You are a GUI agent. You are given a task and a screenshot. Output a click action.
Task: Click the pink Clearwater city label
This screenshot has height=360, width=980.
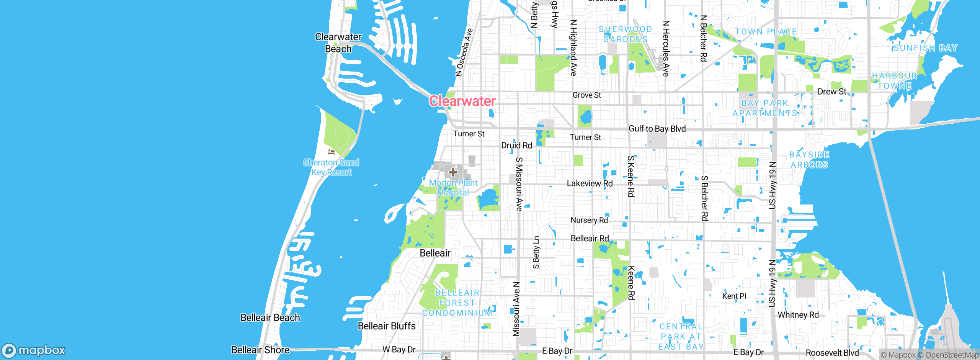click(462, 101)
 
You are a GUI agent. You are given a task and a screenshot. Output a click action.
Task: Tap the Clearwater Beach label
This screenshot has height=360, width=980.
click(338, 43)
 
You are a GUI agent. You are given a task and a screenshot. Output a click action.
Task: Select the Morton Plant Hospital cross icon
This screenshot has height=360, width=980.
click(453, 172)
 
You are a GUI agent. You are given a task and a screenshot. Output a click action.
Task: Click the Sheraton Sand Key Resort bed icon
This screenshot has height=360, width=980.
click(331, 152)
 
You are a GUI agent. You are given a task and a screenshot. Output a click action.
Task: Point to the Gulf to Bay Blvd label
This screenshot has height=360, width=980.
click(657, 129)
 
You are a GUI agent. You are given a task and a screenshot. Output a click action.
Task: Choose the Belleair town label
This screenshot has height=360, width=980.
click(435, 253)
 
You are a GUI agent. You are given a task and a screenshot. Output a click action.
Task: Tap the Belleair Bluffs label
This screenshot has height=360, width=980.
click(387, 326)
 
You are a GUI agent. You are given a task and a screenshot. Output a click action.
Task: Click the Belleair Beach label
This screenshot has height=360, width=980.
click(270, 318)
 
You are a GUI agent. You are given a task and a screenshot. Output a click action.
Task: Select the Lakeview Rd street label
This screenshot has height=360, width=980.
click(590, 183)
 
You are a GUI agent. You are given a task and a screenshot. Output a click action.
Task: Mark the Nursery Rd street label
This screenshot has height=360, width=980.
click(589, 220)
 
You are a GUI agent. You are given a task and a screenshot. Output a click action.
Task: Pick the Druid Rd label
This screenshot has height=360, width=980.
click(516, 146)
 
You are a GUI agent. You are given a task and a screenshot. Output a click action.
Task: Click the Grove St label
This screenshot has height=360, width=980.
click(586, 95)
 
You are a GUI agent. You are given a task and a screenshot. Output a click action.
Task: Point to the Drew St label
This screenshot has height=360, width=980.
click(831, 92)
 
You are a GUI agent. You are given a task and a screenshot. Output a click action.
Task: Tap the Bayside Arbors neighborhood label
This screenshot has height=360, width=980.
click(809, 160)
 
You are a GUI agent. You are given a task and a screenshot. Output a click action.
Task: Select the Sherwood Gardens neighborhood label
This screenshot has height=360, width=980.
click(625, 34)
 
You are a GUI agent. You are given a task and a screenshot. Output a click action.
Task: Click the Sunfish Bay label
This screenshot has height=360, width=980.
click(925, 48)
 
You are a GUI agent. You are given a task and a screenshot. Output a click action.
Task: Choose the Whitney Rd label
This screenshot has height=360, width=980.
click(798, 315)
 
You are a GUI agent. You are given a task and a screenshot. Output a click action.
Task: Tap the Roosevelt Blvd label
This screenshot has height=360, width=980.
click(832, 353)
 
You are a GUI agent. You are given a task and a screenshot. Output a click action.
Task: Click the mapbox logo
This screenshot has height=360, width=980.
click(34, 350)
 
